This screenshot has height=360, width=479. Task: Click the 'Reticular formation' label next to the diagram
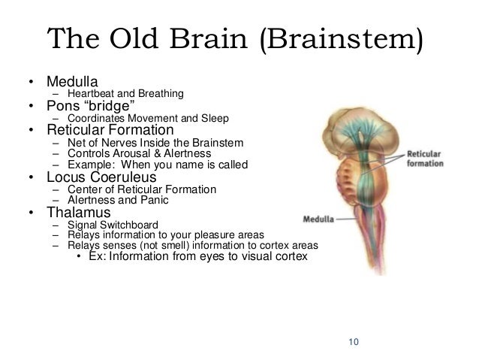(x=424, y=158)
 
